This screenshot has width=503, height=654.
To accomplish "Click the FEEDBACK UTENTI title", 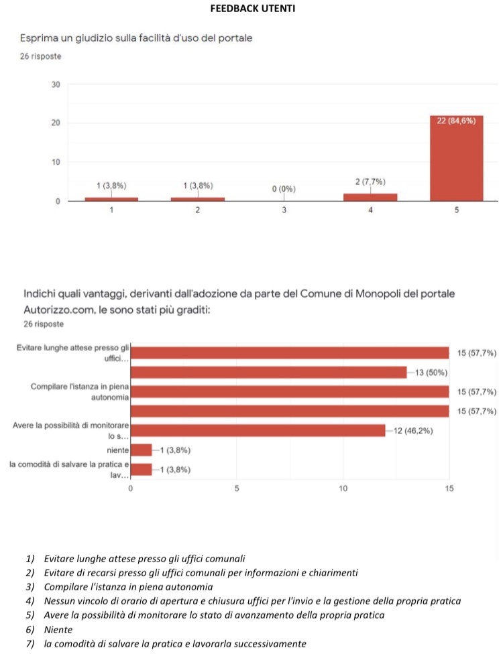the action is click(253, 8).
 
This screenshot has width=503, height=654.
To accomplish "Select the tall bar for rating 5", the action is click(456, 158).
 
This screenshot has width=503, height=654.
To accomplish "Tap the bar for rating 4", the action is click(370, 197).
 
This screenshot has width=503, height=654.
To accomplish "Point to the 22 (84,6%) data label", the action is click(456, 121).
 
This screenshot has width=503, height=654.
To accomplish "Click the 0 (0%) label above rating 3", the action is click(284, 189).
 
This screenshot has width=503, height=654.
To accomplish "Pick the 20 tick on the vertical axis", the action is click(56, 123).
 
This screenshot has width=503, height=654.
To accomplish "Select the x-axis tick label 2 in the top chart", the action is click(197, 210).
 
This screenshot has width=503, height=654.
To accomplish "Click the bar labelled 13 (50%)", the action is click(268, 373).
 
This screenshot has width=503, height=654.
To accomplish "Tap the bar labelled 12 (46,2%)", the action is click(258, 431).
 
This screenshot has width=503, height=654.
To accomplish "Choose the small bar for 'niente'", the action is click(141, 450).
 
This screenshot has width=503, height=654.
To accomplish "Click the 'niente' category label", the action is click(118, 450).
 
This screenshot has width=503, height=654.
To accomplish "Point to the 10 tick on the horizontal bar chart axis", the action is click(343, 488).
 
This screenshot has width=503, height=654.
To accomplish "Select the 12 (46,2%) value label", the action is click(413, 431).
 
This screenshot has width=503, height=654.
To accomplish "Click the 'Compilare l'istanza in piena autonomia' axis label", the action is click(80, 391).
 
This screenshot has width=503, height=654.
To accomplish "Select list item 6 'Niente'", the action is click(58, 629).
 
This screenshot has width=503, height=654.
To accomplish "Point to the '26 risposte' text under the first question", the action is click(40, 56).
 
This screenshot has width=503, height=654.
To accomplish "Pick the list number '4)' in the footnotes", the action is click(30, 601).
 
